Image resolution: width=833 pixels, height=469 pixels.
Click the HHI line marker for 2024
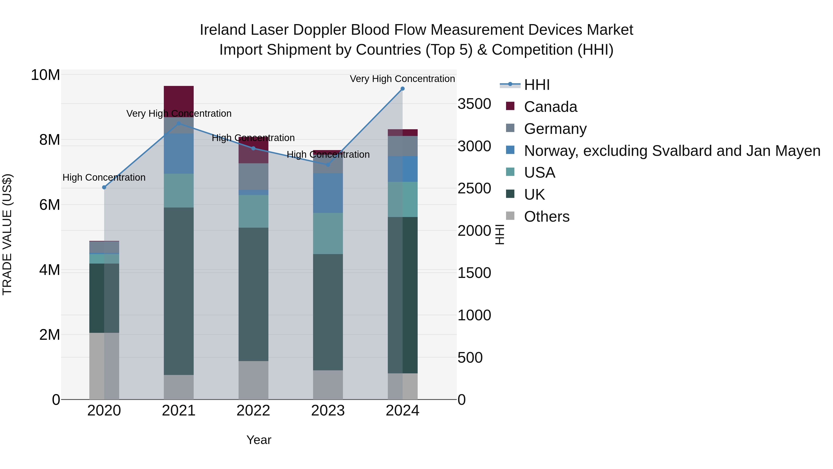[403, 89]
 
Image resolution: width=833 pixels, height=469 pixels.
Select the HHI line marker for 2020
[104, 187]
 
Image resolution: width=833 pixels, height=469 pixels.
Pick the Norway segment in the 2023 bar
[328, 193]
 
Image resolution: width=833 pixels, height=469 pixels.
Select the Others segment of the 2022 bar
[254, 380]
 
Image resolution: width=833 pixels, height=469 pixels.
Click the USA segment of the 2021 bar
[179, 191]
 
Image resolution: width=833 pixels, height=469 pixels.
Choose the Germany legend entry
[555, 129]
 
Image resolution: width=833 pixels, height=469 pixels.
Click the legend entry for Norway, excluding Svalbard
[672, 151]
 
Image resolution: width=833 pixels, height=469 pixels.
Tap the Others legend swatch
[510, 216]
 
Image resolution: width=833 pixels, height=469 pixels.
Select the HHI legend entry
[537, 85]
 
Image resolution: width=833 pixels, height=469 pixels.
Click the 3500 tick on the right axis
[474, 104]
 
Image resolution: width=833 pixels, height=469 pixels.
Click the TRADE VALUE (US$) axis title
[7, 234]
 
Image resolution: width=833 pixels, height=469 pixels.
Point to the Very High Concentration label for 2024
[402, 79]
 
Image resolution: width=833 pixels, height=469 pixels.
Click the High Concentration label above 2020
[104, 177]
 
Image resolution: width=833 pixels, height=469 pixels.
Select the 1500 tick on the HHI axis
[474, 273]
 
